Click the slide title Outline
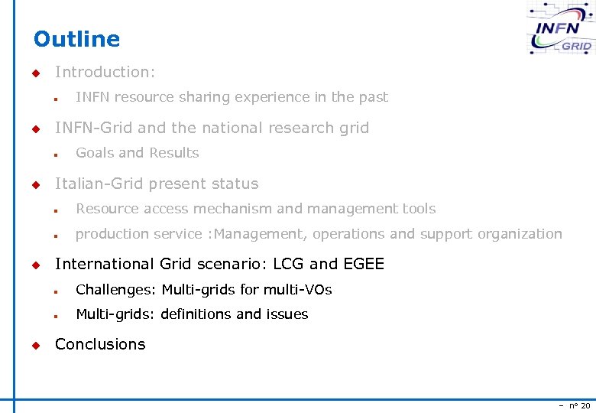76,39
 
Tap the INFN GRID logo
561,30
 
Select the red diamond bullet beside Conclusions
35,345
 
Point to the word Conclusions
100,344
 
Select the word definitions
196,314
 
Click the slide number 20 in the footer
585,405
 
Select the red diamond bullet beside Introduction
35,73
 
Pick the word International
105,264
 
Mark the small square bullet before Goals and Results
56,154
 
